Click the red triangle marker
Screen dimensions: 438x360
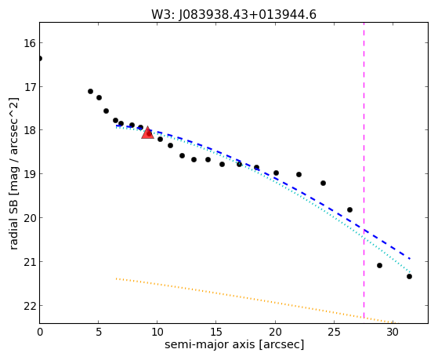tap(147, 133)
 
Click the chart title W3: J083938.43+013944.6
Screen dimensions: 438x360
tap(233, 15)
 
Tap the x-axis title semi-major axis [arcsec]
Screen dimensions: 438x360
tap(234, 344)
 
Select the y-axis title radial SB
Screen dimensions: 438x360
tap(13, 223)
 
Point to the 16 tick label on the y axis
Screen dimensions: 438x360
tap(30, 43)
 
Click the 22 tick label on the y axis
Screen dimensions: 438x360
tap(30, 306)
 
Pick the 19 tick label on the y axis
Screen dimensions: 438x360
tap(30, 174)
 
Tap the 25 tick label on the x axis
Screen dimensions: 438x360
tap(334, 333)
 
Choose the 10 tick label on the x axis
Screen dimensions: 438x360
tap(157, 333)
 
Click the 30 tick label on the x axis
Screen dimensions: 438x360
tap(393, 333)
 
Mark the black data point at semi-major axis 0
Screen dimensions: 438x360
tap(40, 59)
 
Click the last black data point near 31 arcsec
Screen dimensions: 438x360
tap(409, 276)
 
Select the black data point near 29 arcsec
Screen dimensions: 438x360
tap(379, 265)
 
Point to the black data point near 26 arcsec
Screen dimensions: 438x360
tap(349, 209)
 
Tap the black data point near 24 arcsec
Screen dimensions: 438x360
tap(323, 184)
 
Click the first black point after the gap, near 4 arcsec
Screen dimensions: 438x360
tap(90, 92)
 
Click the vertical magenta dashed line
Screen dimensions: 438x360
tap(364, 173)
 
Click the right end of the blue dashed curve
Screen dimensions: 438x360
tap(410, 259)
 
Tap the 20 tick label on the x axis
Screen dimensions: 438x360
tap(275, 333)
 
